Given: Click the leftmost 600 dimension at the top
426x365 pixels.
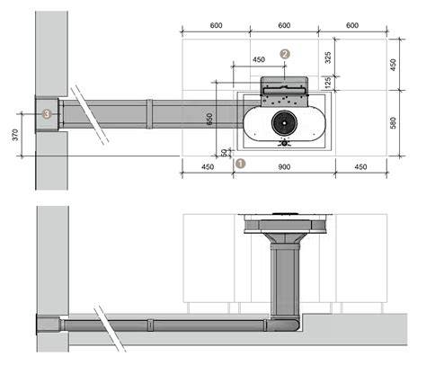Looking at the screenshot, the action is coord(216,25).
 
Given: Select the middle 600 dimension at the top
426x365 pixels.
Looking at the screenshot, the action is coord(284,25).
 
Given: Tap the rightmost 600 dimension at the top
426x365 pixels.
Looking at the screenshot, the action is coord(352,25).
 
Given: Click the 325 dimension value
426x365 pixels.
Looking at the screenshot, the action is coord(328,58).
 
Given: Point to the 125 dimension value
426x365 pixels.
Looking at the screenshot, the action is coord(328,83).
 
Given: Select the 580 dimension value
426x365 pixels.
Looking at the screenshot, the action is coord(393,123).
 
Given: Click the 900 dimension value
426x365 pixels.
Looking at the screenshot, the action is coord(284,167).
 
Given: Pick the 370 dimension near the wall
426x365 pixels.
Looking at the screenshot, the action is coord(15,135).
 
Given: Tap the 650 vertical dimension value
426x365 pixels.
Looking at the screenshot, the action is coord(209,119).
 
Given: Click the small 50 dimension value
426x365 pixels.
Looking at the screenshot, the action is coord(224,153).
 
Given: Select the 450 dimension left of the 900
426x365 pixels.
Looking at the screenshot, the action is coord(208,167).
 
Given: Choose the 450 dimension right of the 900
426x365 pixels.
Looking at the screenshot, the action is coord(360,167).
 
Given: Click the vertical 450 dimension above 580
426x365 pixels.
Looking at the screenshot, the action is coord(393,65).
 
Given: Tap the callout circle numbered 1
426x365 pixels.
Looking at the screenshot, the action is coord(241,164).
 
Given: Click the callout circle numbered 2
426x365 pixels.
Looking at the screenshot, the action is coord(285,54).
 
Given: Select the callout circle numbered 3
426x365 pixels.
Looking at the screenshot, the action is coord(47,114).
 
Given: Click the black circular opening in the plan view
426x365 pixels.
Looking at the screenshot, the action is coord(284,122).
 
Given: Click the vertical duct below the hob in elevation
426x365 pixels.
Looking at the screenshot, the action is coord(285,279).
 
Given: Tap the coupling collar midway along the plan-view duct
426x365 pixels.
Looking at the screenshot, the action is coord(150,114).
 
